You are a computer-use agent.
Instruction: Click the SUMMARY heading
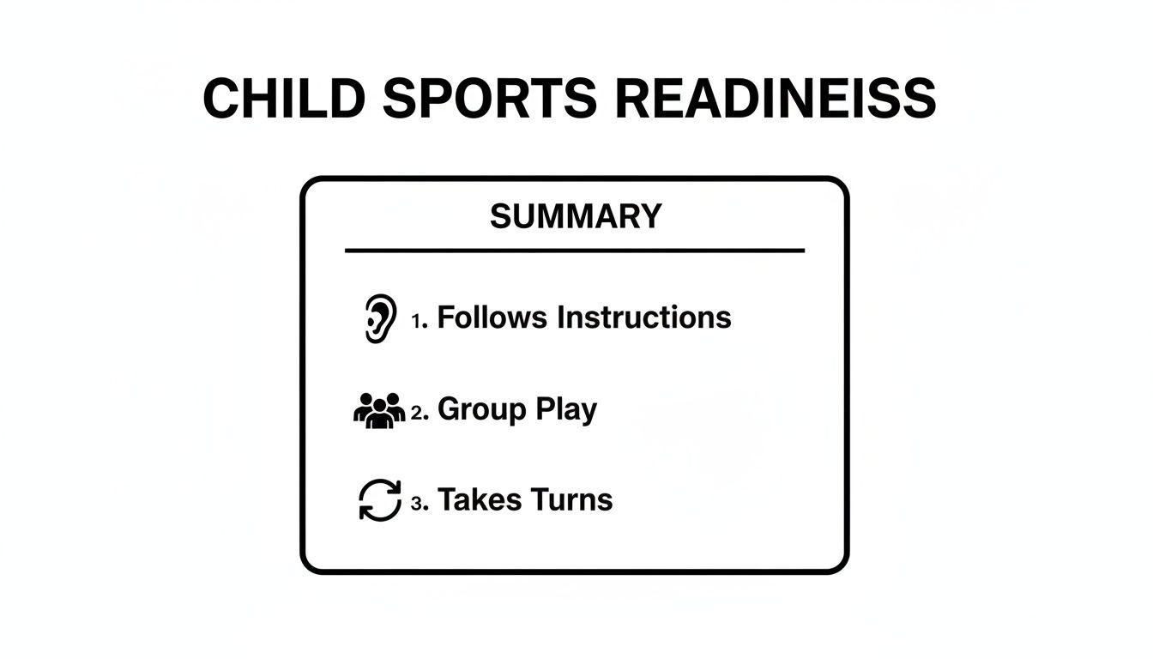[576, 216]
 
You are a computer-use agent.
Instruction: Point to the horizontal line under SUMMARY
[575, 251]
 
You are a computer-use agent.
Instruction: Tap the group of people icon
[379, 410]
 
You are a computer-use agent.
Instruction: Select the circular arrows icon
[379, 500]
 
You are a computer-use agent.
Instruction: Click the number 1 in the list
[417, 322]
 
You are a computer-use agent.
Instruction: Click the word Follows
[492, 317]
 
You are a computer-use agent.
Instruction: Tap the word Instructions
[644, 317]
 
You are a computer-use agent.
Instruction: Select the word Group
[481, 410]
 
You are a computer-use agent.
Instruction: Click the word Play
[566, 410]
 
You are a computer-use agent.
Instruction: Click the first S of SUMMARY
[501, 216]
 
